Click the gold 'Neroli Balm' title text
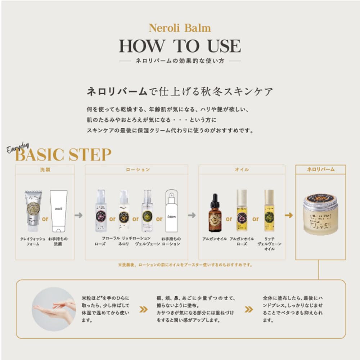click(x=180, y=28)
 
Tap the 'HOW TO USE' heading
click(x=180, y=46)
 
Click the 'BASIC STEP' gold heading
click(x=64, y=155)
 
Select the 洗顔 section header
click(x=45, y=170)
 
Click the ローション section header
click(x=136, y=170)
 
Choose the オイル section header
click(x=242, y=170)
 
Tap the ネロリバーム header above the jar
click(x=320, y=169)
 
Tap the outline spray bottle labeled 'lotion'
click(x=171, y=211)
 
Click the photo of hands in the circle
click(x=54, y=309)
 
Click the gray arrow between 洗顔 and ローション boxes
click(x=79, y=215)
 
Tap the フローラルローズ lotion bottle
click(x=101, y=211)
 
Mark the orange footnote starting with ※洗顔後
click(x=185, y=265)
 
